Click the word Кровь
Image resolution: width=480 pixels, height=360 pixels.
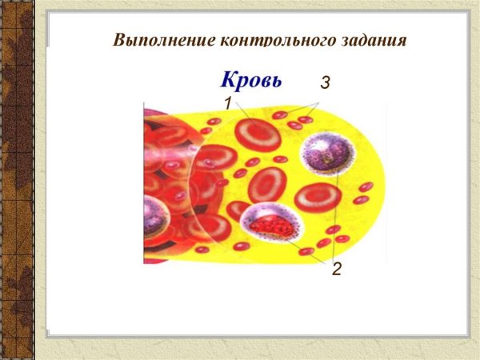(251, 82)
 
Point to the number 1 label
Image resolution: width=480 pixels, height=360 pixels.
(227, 103)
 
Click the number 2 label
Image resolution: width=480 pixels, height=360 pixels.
(337, 270)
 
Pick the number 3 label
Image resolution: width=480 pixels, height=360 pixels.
(325, 82)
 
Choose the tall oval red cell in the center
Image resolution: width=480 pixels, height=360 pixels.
(267, 185)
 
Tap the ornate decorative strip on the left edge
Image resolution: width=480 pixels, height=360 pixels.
(18, 180)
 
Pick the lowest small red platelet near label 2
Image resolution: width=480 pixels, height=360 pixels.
(306, 251)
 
